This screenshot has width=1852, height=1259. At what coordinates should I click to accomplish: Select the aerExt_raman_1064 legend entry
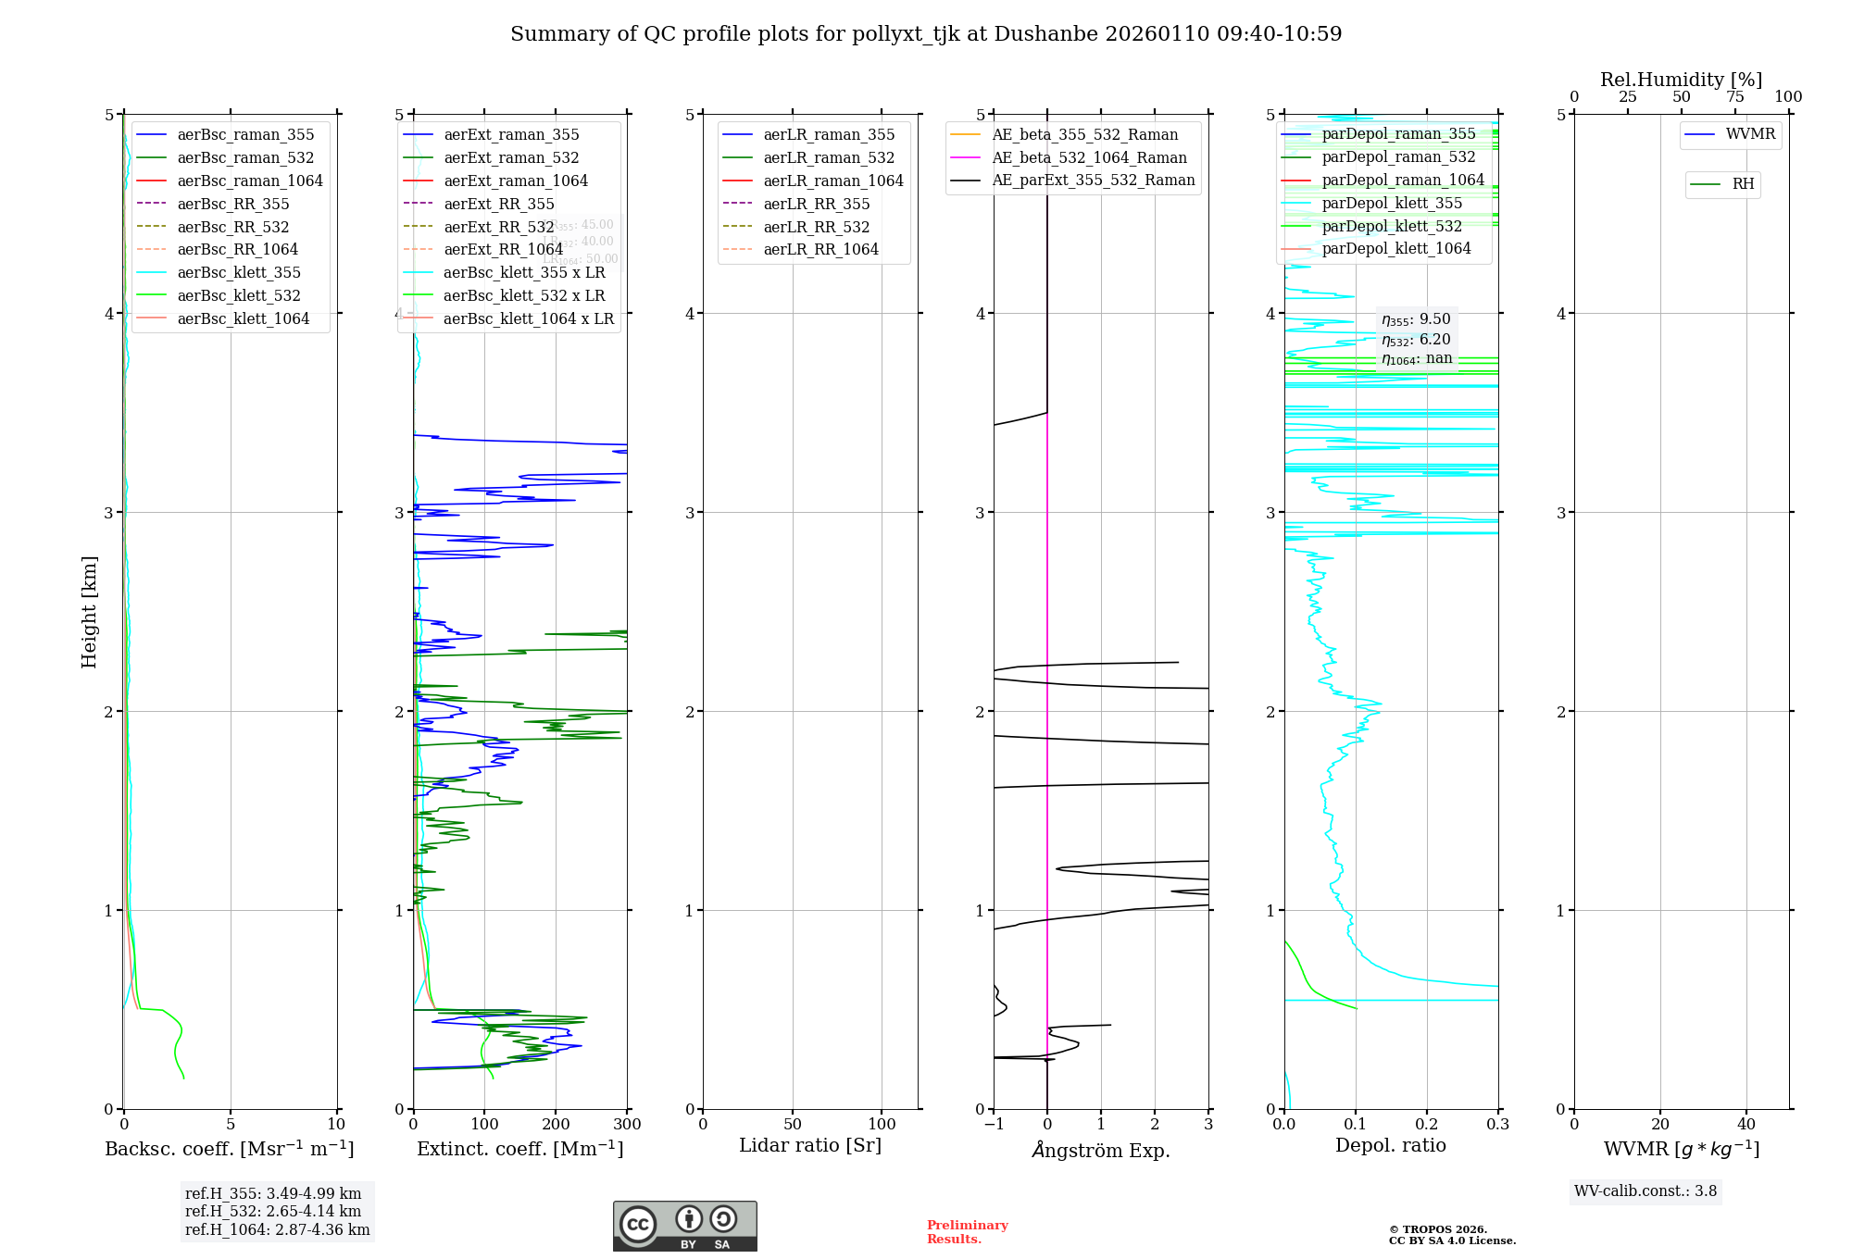516,181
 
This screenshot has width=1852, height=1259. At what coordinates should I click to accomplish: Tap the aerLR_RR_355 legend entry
816,204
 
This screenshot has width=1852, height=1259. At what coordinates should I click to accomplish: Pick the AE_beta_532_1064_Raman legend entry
1089,157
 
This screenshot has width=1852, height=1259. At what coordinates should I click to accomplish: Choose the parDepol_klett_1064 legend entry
1395,248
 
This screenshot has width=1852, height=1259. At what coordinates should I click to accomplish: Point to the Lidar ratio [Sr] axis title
810,1145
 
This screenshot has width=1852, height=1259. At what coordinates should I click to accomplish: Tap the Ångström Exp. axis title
1101,1150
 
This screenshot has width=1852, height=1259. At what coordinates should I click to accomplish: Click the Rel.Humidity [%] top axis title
1681,80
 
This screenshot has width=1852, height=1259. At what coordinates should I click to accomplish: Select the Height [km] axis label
89,611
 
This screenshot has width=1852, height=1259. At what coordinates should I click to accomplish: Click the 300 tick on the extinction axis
627,1125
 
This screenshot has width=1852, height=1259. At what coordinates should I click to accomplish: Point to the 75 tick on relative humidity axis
1734,96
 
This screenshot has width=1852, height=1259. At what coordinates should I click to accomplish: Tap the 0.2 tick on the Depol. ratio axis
1427,1125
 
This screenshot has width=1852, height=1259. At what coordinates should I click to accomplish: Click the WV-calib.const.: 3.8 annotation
1645,1191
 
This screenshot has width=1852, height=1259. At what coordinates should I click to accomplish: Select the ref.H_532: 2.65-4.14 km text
273,1211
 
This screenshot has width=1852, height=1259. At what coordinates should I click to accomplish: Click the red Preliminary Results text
967,1231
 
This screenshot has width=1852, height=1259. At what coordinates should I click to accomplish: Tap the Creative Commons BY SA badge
684,1226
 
